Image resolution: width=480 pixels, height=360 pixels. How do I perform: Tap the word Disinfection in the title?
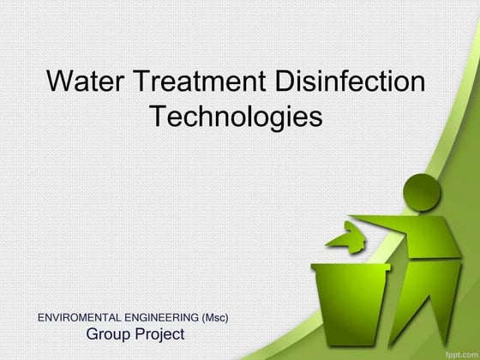tap(351, 83)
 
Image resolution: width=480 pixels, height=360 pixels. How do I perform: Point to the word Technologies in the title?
tap(236, 116)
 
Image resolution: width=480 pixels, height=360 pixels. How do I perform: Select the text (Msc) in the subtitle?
tap(214, 318)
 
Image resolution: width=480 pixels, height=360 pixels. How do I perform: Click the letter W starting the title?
tap(60, 83)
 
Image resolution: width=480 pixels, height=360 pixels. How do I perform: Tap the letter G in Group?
tap(93, 333)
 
